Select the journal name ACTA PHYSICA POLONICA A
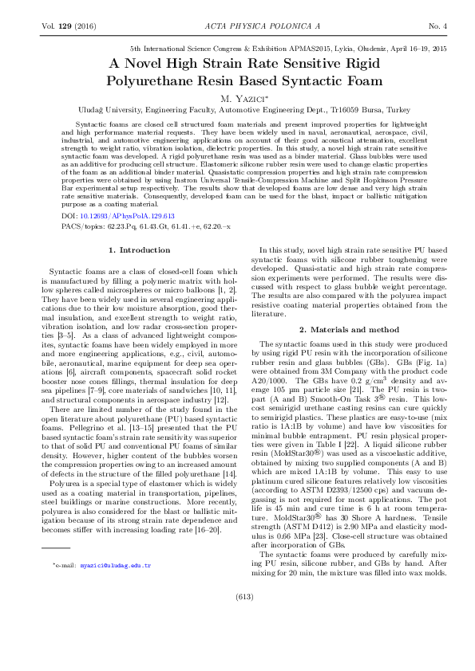pyautogui.click(x=237, y=26)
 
